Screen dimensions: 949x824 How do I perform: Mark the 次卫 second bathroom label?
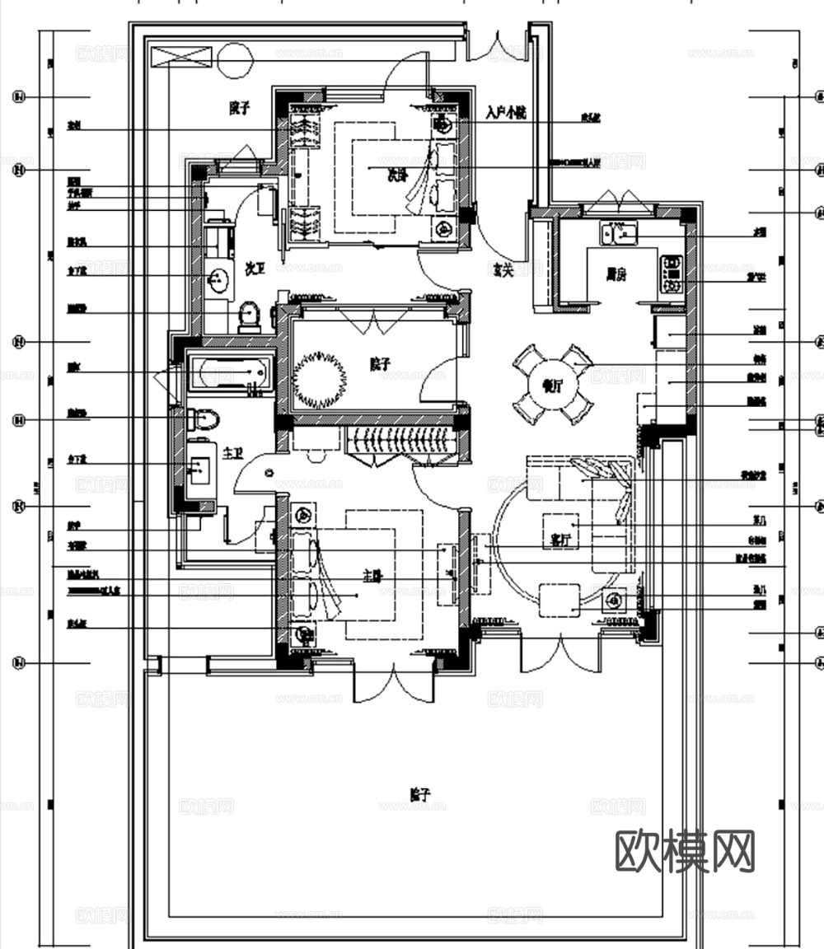(256, 269)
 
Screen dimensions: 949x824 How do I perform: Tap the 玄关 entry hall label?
(503, 269)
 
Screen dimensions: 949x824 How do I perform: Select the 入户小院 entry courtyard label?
(505, 112)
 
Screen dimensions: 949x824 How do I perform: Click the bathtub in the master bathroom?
(230, 372)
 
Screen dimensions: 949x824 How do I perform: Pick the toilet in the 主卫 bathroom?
(204, 420)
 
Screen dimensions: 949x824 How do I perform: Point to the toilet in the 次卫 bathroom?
(249, 316)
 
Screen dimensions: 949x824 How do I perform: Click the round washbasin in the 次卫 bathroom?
(218, 280)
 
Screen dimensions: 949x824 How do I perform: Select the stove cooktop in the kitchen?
(672, 275)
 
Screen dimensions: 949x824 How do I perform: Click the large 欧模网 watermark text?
(686, 851)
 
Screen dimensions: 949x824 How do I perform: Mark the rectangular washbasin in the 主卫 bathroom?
(199, 470)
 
